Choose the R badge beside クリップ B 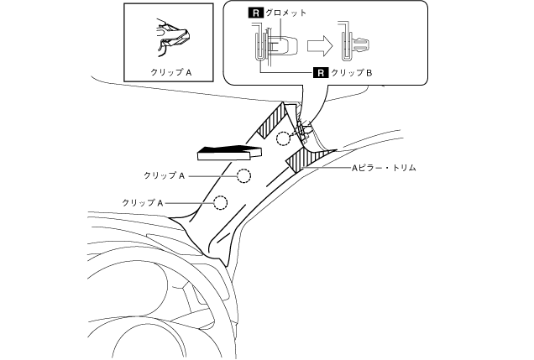tap(318, 74)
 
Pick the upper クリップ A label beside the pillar tap(164, 175)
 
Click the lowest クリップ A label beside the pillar tap(142, 202)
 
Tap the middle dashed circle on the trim tap(243, 175)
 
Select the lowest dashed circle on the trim tap(221, 202)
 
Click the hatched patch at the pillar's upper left tap(274, 122)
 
